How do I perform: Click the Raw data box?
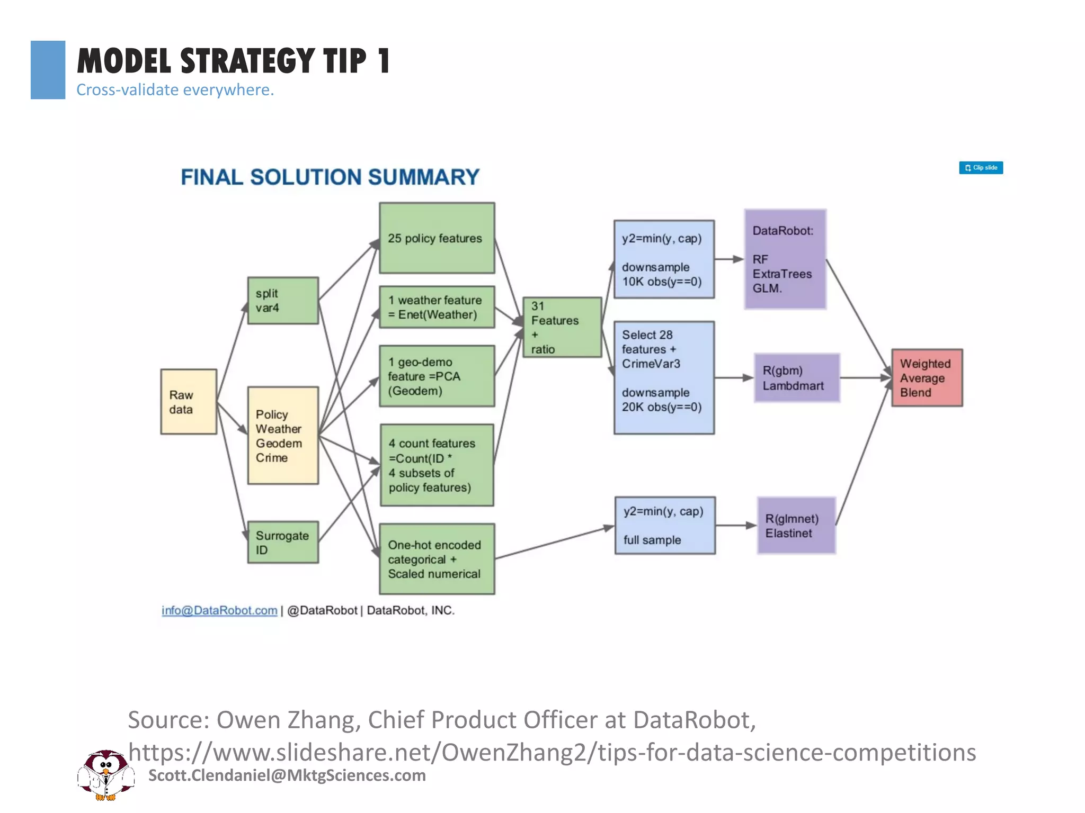click(189, 402)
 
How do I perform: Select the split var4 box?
click(283, 301)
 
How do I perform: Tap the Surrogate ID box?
click(283, 543)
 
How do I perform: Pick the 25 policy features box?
click(437, 238)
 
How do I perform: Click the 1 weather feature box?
click(437, 308)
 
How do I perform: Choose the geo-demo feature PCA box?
click(437, 376)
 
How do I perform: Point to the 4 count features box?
click(437, 465)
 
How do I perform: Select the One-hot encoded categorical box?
click(437, 559)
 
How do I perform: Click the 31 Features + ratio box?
click(562, 327)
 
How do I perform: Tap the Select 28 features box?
click(664, 378)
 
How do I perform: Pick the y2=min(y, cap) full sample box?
click(665, 526)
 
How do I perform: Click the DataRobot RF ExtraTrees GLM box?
click(785, 259)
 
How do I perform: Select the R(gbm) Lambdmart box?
click(797, 378)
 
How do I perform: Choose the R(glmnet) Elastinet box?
click(796, 526)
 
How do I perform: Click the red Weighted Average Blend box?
click(927, 378)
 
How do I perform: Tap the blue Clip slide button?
click(981, 168)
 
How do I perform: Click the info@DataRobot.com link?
click(219, 610)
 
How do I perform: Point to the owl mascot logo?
click(106, 775)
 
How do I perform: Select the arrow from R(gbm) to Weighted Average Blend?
click(865, 378)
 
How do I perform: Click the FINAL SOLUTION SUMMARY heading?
click(330, 177)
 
